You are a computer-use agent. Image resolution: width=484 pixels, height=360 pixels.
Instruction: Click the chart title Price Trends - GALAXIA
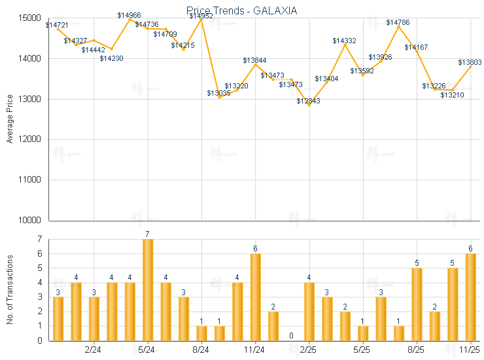point(242,10)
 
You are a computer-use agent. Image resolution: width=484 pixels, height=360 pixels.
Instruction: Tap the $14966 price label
point(129,15)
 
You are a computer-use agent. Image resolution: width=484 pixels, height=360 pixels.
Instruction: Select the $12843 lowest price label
point(308,101)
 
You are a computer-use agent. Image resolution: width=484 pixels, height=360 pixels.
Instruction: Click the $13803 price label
point(470,63)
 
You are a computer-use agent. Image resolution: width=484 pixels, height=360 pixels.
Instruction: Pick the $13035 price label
point(219,93)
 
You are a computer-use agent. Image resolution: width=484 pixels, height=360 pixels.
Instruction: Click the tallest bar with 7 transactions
point(148,290)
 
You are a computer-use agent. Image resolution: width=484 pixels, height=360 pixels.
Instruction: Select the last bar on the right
point(470,297)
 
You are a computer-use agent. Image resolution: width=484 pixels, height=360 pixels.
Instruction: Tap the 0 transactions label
point(291,335)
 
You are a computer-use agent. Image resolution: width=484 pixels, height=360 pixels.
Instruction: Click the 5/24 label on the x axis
point(148,351)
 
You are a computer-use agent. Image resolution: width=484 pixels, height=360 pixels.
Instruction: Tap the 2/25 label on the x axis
point(309,351)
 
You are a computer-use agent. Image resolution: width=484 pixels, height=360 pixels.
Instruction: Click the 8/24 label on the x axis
point(201,351)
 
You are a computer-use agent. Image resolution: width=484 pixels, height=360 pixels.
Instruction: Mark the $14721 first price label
point(57,25)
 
